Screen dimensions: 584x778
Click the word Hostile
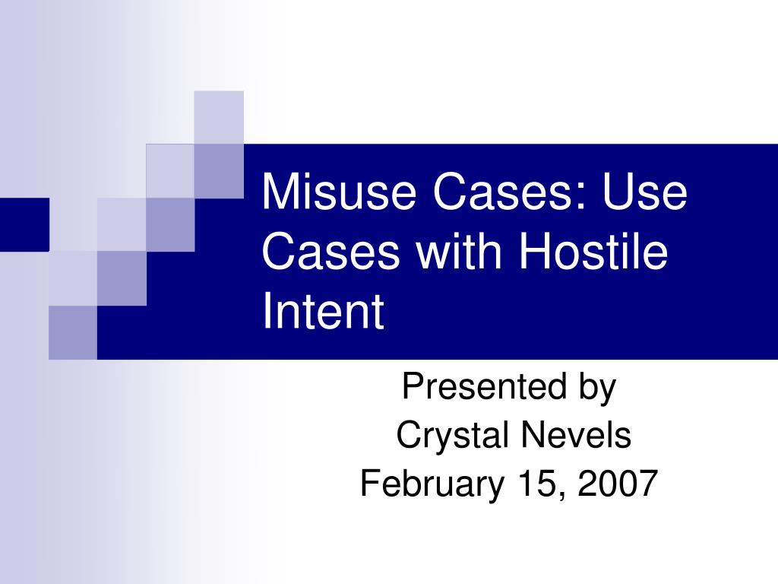coord(593,252)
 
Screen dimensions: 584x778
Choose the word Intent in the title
coord(323,312)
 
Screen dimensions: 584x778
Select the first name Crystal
coord(453,436)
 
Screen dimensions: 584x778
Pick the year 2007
coord(617,484)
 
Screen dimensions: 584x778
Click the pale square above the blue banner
coord(219,116)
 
